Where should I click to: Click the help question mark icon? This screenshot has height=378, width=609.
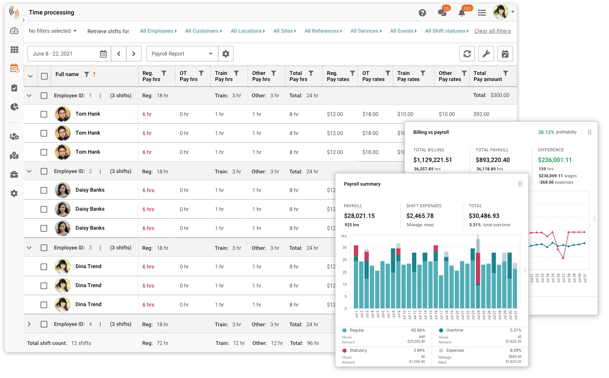tap(422, 13)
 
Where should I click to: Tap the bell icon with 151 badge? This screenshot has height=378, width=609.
tap(462, 13)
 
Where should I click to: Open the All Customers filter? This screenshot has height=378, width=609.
tap(203, 31)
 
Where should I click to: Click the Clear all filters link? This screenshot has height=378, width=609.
tap(492, 31)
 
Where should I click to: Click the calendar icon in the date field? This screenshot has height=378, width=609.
tap(103, 54)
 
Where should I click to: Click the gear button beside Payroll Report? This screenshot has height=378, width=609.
tap(226, 54)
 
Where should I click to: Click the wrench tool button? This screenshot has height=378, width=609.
tap(486, 54)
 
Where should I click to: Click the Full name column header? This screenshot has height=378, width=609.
tap(67, 74)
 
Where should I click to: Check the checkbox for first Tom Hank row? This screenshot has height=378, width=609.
tap(44, 114)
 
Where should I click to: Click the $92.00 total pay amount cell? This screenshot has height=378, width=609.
tap(481, 114)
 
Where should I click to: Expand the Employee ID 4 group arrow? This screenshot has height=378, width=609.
tap(29, 324)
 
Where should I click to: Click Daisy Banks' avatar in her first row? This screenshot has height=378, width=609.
tap(63, 190)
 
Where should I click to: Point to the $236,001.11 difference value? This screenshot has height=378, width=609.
tap(555, 160)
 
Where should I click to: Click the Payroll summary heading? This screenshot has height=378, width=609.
tap(362, 184)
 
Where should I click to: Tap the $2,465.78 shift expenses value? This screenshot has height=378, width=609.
tap(420, 216)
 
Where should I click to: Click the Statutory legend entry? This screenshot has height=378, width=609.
tap(358, 351)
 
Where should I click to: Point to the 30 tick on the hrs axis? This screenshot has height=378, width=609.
tap(344, 248)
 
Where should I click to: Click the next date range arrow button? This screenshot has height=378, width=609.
tap(133, 54)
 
